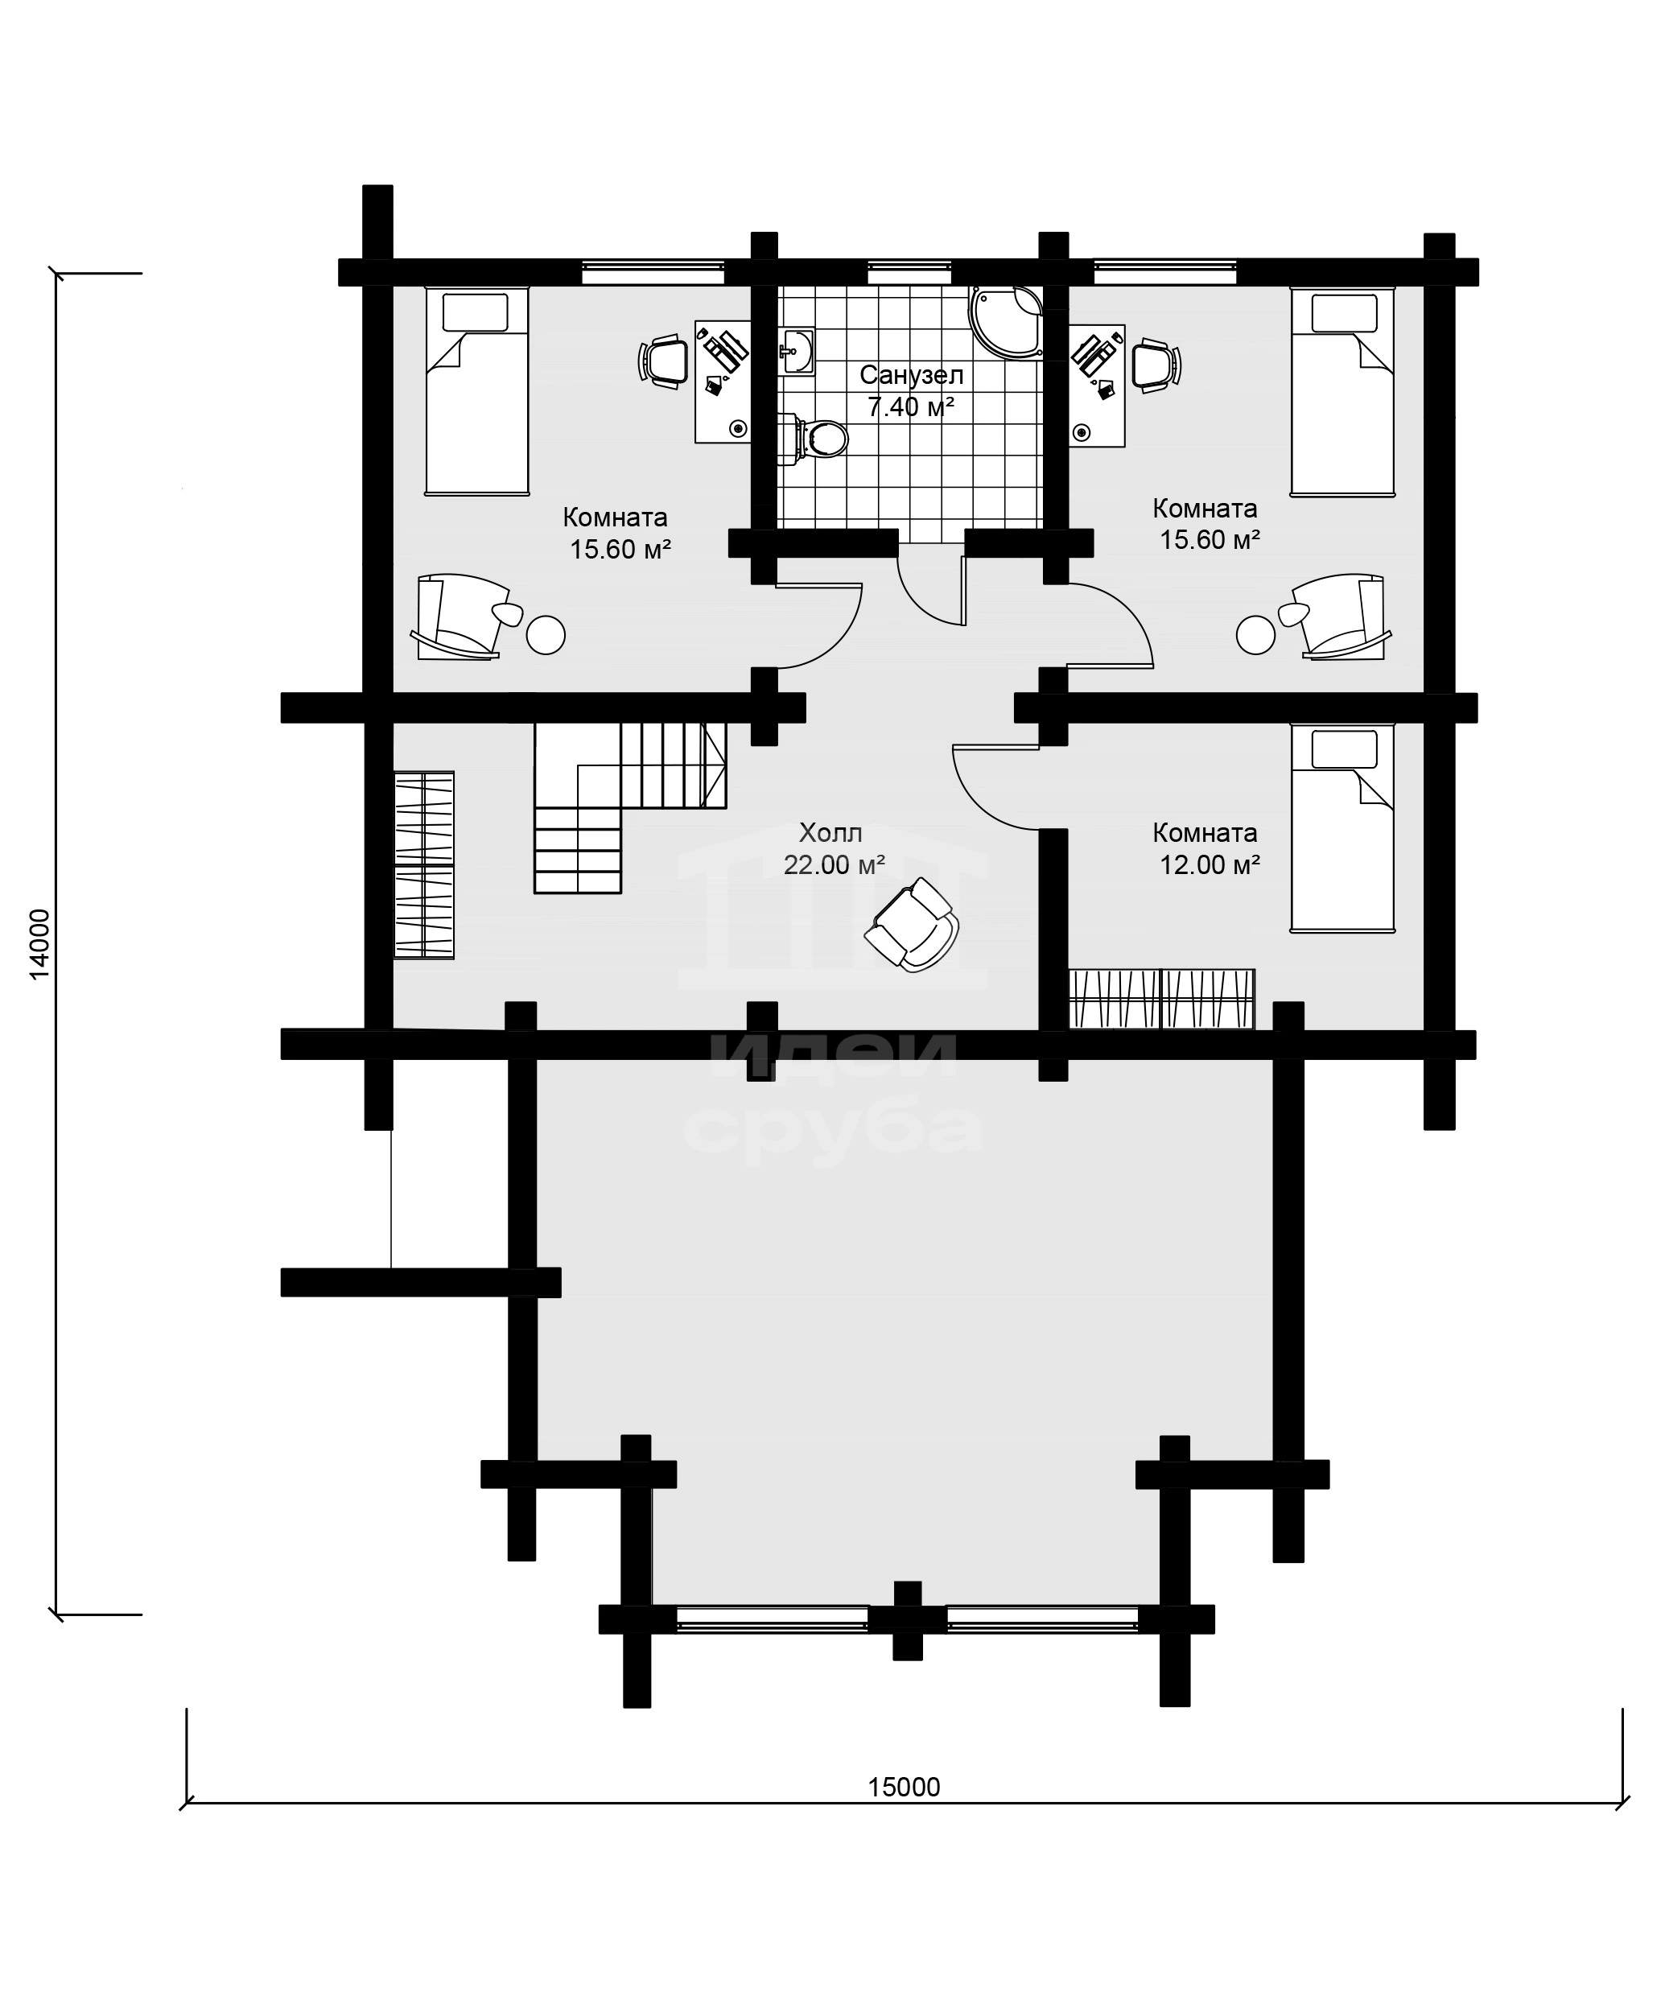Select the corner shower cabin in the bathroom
click(x=1005, y=321)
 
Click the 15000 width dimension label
click(x=903, y=1787)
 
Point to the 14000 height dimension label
click(x=38, y=944)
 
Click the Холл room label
click(x=830, y=834)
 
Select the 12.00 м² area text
click(x=1210, y=865)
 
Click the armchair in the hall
click(x=912, y=924)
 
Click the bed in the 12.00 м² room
click(x=1341, y=828)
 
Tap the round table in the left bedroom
click(x=546, y=635)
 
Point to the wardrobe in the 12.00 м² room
click(x=1161, y=999)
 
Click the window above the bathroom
click(x=909, y=273)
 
